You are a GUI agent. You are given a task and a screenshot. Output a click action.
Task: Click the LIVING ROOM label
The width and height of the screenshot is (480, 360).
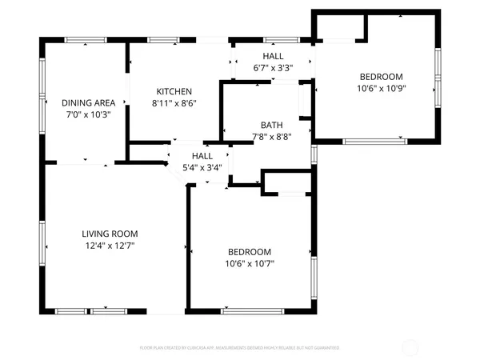108,234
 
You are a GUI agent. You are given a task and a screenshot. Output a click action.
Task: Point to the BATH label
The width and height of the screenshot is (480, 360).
270,125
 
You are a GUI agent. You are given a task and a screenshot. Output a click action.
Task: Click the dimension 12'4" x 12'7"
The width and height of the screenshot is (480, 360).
108,246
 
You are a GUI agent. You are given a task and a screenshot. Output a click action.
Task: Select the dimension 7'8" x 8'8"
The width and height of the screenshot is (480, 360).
270,137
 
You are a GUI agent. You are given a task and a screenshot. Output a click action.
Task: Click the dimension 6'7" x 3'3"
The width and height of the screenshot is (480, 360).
273,68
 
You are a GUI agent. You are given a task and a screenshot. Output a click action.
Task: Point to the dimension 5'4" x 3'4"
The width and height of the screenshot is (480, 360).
201,167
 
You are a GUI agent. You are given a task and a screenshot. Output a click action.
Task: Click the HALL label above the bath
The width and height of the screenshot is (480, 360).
273,56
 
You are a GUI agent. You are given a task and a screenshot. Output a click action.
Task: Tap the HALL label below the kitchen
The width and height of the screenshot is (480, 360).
201,156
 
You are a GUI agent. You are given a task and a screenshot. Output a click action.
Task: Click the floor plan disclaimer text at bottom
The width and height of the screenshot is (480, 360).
240,349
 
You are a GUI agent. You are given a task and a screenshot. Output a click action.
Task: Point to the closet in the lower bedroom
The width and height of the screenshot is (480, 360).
286,183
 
